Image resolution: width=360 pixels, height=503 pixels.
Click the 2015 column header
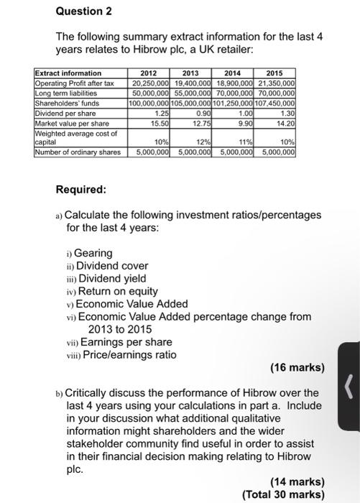275,73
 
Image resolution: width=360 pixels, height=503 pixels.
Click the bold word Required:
80,190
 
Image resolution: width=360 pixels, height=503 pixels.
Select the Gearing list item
93,253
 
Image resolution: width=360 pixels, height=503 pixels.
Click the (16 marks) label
297,368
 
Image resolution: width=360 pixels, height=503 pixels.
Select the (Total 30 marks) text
283,494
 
